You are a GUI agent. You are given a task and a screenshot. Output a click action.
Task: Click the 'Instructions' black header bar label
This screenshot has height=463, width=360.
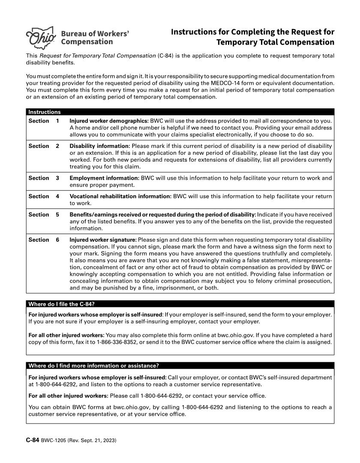click(x=45, y=112)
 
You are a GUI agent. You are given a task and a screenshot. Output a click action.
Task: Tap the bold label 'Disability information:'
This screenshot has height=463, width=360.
click(x=100, y=147)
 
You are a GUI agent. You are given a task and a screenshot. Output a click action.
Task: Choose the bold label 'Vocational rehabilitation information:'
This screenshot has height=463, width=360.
click(x=120, y=197)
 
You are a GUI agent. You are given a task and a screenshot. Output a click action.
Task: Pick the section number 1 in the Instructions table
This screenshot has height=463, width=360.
click(x=57, y=121)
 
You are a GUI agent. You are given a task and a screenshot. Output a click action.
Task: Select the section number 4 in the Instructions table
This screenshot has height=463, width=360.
click(x=57, y=197)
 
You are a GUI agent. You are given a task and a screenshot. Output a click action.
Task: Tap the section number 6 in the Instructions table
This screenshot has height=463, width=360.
click(x=57, y=240)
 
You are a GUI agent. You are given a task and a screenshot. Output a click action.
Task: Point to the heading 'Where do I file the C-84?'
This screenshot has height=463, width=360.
click(x=61, y=304)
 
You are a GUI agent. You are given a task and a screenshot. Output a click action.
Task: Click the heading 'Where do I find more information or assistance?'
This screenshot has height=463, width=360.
click(x=93, y=366)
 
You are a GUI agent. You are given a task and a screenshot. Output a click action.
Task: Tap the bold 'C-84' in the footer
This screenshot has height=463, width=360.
click(x=33, y=441)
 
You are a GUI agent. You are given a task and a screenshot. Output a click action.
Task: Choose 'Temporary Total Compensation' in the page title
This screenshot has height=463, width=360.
click(x=275, y=42)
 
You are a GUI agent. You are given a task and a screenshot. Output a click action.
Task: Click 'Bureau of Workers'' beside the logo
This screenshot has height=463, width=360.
click(x=95, y=33)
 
